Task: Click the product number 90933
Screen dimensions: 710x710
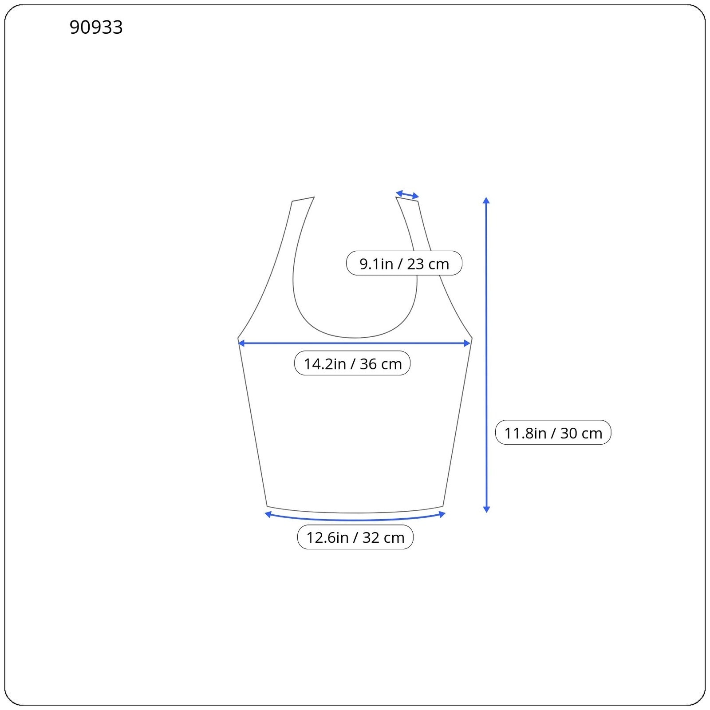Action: tap(96, 27)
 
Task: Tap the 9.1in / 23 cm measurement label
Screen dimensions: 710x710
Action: tap(404, 263)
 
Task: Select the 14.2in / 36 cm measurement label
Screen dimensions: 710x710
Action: tap(352, 363)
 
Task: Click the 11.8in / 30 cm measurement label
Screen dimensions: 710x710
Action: tap(553, 432)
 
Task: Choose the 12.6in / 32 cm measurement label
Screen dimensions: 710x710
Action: tap(355, 537)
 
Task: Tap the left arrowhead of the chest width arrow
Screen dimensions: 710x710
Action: tap(241, 343)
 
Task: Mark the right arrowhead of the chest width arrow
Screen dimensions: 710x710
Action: tap(467, 343)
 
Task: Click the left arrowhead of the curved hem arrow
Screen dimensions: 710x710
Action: tap(268, 514)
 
